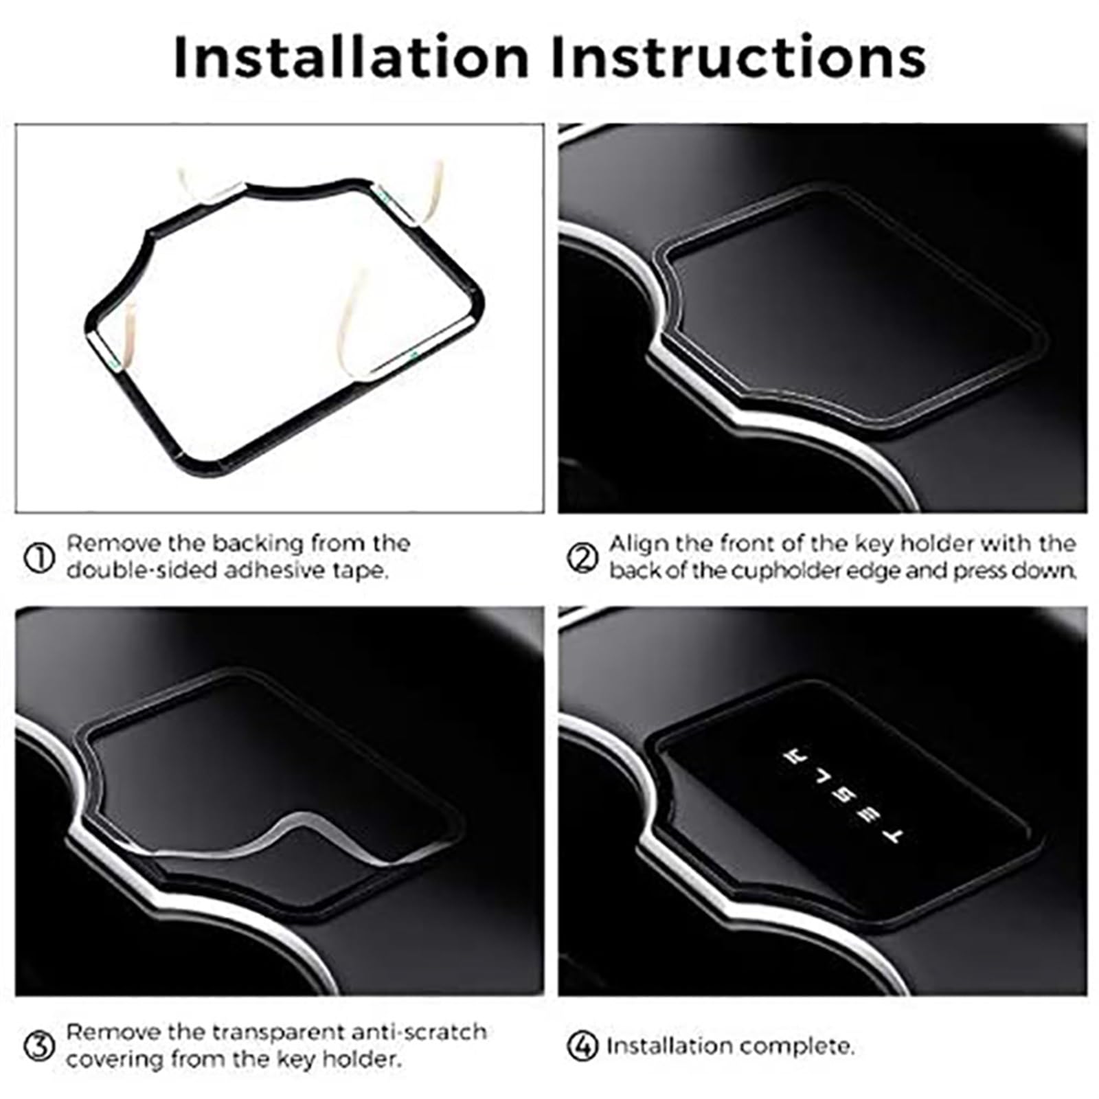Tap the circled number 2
point(582,558)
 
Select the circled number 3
point(39,1047)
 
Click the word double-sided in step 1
point(131,570)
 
